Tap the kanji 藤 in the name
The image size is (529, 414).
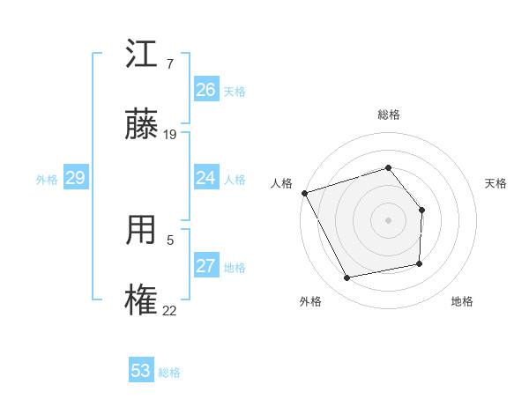click(x=143, y=125)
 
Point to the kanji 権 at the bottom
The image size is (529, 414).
click(x=143, y=300)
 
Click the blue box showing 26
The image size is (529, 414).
click(x=205, y=90)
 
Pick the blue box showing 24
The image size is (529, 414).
click(x=205, y=178)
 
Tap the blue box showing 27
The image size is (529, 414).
click(x=205, y=266)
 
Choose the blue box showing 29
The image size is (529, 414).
click(x=75, y=178)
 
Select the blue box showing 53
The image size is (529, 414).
click(x=141, y=371)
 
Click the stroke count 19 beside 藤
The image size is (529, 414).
click(x=170, y=135)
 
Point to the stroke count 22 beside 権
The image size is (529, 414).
click(x=170, y=310)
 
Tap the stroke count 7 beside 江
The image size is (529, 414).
click(x=169, y=64)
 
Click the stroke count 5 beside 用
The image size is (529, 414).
click(x=170, y=240)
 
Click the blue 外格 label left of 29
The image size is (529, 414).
click(x=47, y=179)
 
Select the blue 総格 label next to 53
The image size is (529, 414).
click(x=169, y=373)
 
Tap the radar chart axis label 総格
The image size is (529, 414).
click(x=388, y=115)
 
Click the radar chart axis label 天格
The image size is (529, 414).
click(x=495, y=183)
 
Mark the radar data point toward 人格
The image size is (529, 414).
click(x=305, y=192)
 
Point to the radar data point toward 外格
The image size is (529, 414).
click(x=347, y=278)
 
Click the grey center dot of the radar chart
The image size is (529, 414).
click(x=388, y=219)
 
